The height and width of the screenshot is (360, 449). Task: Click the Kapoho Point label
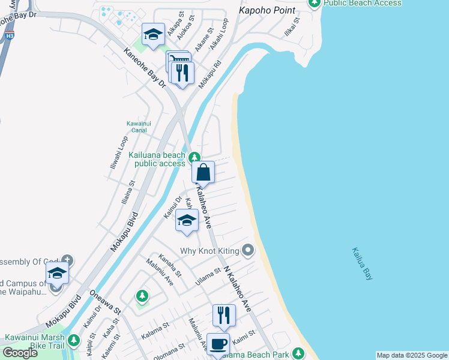click(267, 11)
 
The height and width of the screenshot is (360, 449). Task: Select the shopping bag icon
click(203, 172)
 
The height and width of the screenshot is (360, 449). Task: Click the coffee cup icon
click(218, 344)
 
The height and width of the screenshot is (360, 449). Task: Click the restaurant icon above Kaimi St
click(224, 315)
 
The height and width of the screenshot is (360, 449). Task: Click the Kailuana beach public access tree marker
click(194, 158)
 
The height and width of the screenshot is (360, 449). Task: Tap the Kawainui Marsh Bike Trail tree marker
click(73, 340)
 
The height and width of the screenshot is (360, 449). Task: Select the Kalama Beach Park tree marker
click(298, 354)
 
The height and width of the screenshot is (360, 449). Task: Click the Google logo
click(20, 353)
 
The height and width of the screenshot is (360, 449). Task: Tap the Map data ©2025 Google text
click(411, 355)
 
